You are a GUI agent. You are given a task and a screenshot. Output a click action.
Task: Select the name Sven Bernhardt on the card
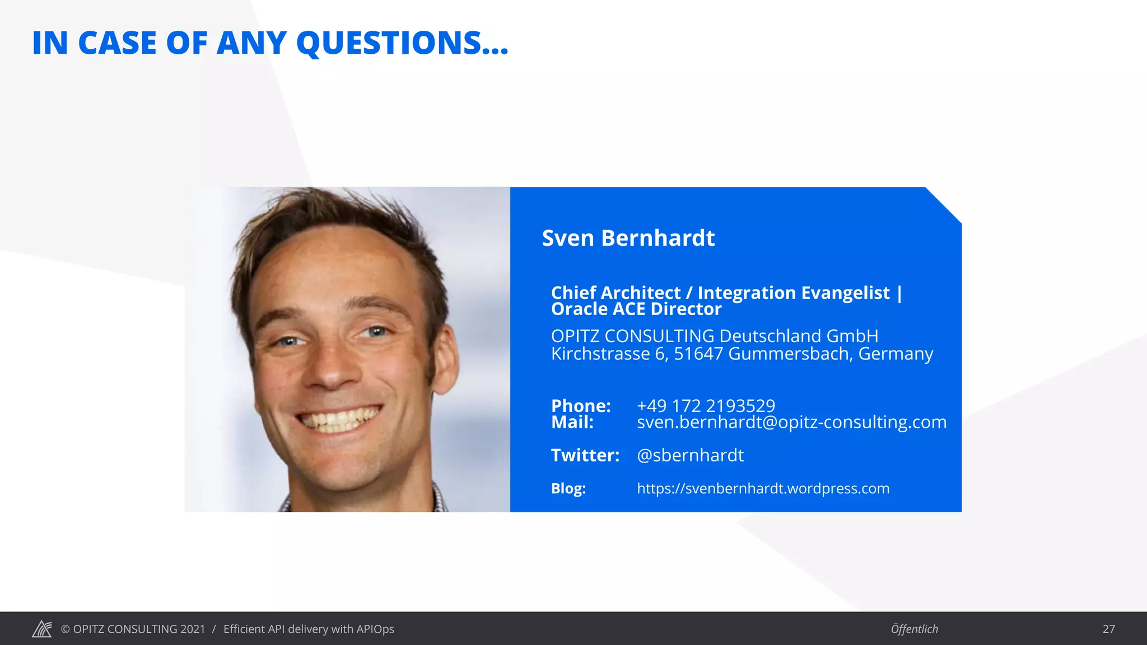[628, 239]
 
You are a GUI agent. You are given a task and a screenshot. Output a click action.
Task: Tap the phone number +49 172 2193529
[706, 406]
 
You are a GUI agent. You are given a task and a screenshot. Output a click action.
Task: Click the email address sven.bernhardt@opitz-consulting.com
[791, 422]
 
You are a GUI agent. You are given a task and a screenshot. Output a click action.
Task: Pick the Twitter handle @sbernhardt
[690, 455]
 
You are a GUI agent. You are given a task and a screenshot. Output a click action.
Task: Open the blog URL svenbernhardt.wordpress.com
[763, 488]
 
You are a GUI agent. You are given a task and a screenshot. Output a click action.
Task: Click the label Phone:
[581, 406]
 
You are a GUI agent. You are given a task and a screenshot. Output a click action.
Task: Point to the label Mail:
[572, 422]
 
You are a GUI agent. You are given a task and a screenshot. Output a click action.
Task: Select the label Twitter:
[585, 455]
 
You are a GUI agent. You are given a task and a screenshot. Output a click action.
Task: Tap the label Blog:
[568, 488]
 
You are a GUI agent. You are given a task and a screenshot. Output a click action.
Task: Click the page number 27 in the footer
[1108, 629]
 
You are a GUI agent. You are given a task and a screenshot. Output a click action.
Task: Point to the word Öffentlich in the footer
[914, 629]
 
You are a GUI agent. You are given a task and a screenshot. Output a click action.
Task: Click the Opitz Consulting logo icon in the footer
[42, 629]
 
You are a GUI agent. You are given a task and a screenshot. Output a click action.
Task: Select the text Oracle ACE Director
[636, 309]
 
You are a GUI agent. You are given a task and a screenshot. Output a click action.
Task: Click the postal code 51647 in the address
[698, 354]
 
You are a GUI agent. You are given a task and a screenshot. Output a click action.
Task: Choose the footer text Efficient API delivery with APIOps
[309, 629]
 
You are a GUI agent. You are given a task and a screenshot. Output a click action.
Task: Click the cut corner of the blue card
[944, 204]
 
